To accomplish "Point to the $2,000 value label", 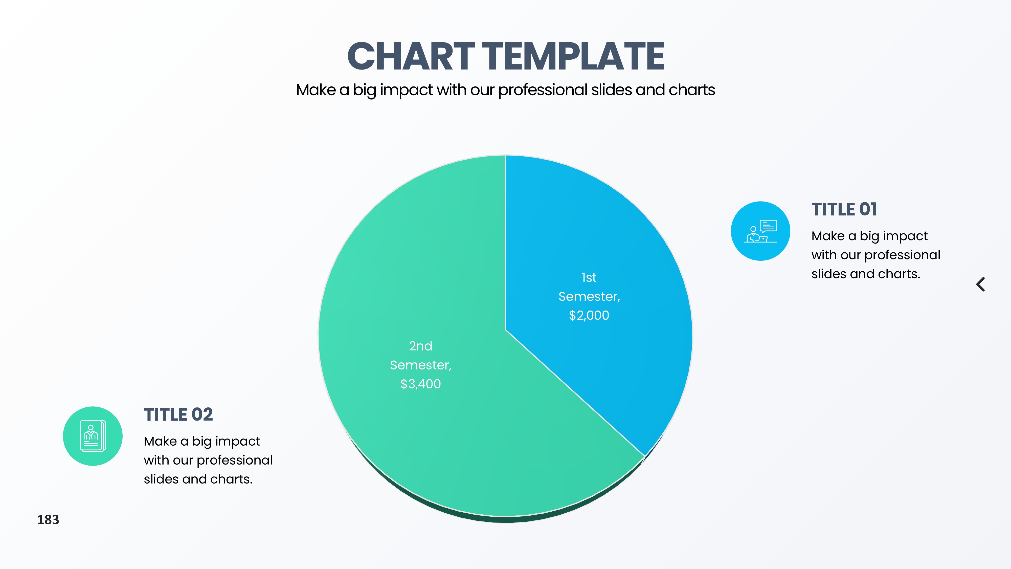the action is point(589,315).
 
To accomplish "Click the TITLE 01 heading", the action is point(844,209).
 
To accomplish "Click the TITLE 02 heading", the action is point(178,415).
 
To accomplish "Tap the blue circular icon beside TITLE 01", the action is point(761,231).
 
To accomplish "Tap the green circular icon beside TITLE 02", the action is point(93,436).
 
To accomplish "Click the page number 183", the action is point(48,519).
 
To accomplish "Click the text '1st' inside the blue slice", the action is point(589,278).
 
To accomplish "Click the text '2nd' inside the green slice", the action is point(421,346).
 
